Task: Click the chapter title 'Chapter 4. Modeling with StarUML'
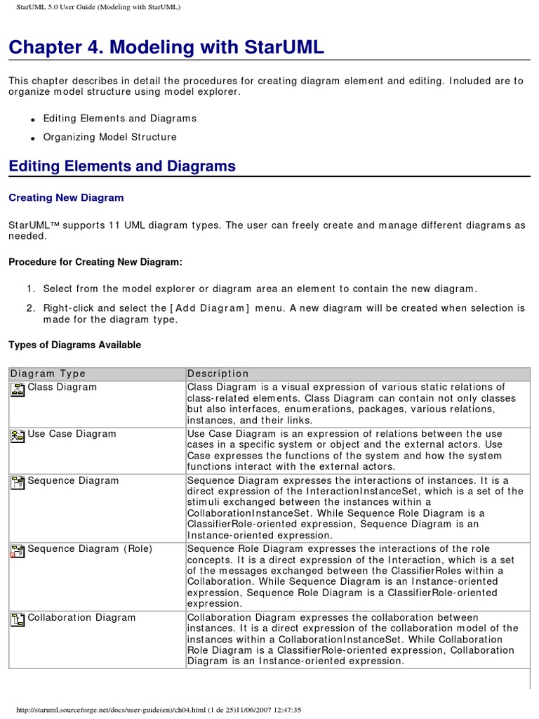pos(166,48)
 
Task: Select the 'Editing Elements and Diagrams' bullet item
pos(119,119)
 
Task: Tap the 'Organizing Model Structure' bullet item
pos(109,137)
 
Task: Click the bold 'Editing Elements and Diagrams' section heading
pos(122,166)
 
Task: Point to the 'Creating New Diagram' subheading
pos(66,198)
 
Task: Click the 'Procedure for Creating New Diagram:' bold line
pos(95,262)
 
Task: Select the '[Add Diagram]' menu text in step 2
pos(209,308)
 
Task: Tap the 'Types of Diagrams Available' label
pos(74,345)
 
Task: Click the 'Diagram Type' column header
pos(48,374)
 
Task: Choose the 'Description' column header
pos(218,374)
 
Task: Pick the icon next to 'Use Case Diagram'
pos(18,436)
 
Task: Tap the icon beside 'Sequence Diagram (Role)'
pos(18,550)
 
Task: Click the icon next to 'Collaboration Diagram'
pos(18,619)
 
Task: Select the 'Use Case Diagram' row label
pos(72,434)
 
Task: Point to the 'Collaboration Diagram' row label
pos(81,618)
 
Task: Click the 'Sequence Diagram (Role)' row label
pos(89,549)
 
